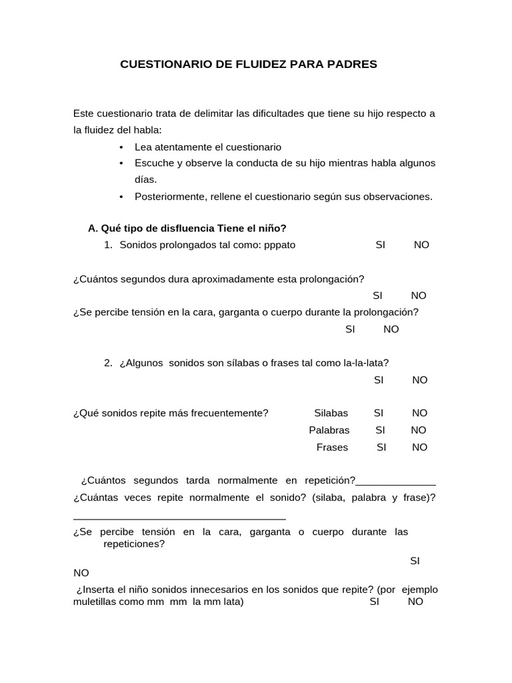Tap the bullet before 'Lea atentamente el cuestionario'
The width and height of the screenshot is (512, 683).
[121, 147]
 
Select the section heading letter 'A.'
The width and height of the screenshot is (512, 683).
[93, 228]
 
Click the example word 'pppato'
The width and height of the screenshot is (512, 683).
[279, 245]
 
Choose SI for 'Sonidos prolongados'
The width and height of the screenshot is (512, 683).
[381, 245]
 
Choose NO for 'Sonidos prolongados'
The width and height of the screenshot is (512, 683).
[421, 245]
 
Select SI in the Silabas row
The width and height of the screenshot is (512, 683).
[379, 413]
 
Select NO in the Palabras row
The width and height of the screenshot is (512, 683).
[419, 430]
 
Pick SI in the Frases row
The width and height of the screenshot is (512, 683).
[381, 448]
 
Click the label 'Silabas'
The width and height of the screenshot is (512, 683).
[331, 413]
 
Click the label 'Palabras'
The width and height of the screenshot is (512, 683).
[329, 430]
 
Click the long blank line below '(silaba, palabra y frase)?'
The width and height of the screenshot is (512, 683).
[179, 518]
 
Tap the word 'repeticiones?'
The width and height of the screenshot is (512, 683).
[134, 544]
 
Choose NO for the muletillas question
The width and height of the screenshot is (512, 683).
[415, 602]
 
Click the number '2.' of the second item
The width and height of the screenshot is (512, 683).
[109, 363]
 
